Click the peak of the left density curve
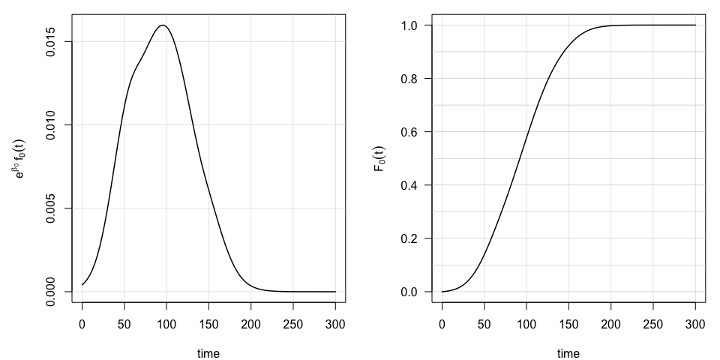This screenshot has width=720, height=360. tap(163, 25)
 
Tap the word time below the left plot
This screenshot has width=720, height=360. tap(208, 353)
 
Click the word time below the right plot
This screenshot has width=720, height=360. tap(568, 353)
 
